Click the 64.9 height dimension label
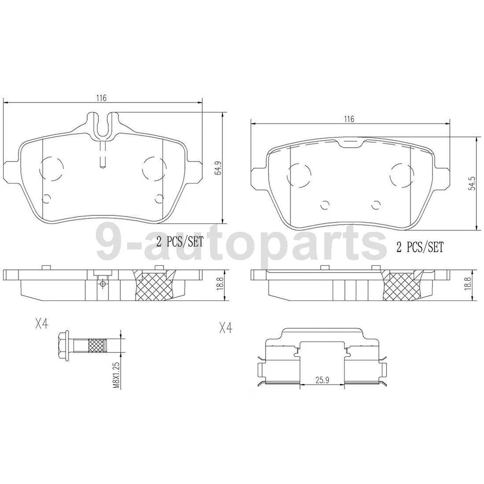pos(218,169)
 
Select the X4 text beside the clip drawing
pos(225,328)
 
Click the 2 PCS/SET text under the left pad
pos(179,242)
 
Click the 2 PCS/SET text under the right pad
pos(419,247)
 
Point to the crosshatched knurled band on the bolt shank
pos(97,346)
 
